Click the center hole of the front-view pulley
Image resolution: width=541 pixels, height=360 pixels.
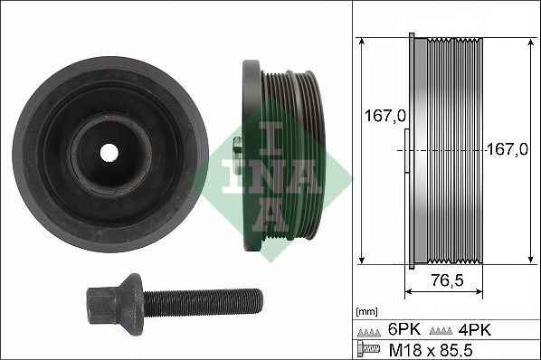pos(109,152)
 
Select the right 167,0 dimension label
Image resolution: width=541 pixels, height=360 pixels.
pos(508,150)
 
